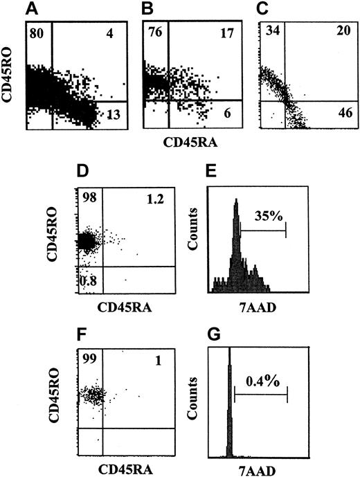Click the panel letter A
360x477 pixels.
[x=33, y=9]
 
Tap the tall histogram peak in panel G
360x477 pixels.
[x=229, y=402]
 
